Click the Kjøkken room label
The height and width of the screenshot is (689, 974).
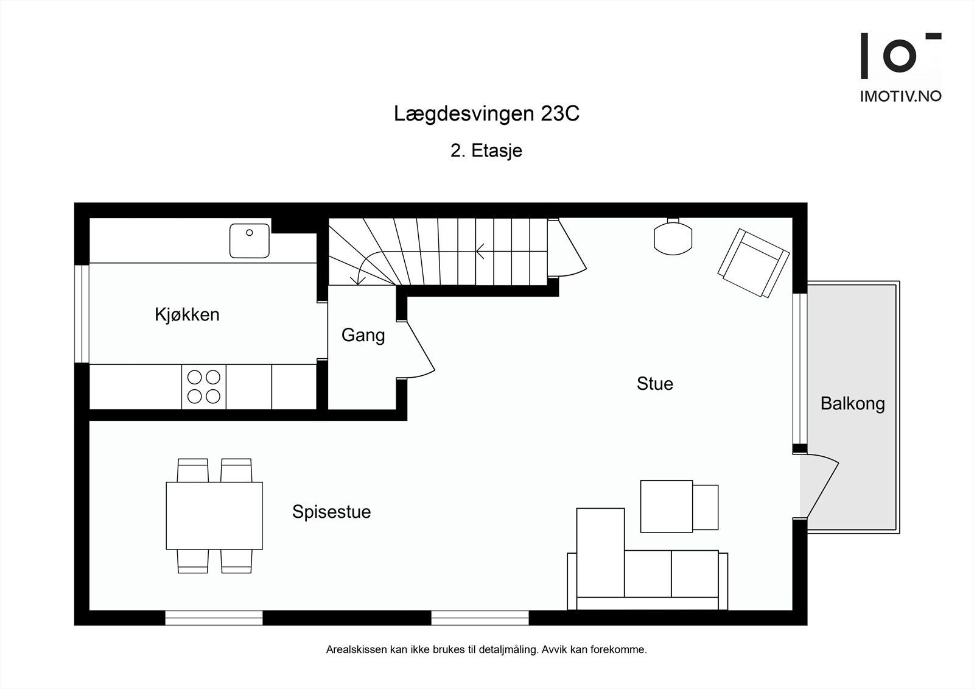[187, 315]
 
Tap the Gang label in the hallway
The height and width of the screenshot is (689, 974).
[363, 335]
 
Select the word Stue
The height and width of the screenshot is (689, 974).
[654, 384]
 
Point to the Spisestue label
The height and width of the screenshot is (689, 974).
[331, 512]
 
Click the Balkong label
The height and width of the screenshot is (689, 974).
[852, 404]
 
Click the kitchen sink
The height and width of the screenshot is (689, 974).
[250, 241]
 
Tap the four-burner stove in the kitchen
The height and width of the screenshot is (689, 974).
[204, 387]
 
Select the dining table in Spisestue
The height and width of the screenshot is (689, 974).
[214, 515]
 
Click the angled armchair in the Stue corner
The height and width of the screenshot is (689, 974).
[753, 263]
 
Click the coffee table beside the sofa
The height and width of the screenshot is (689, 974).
[667, 506]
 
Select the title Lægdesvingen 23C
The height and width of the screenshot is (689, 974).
[486, 114]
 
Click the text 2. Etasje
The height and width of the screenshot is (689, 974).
[486, 150]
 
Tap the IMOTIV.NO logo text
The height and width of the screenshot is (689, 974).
[900, 96]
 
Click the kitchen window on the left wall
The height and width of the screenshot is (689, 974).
[82, 313]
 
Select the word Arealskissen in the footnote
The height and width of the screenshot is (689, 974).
[356, 650]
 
